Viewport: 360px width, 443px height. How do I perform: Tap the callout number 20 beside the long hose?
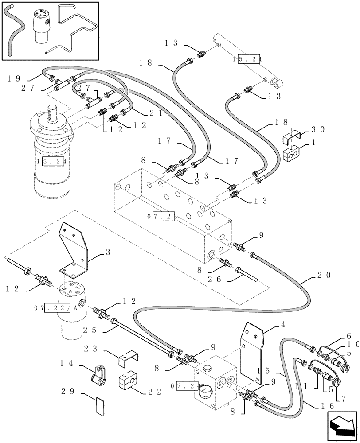click(x=324, y=275)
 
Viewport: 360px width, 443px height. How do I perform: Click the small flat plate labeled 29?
click(x=101, y=406)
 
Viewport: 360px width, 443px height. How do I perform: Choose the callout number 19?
click(x=14, y=78)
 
